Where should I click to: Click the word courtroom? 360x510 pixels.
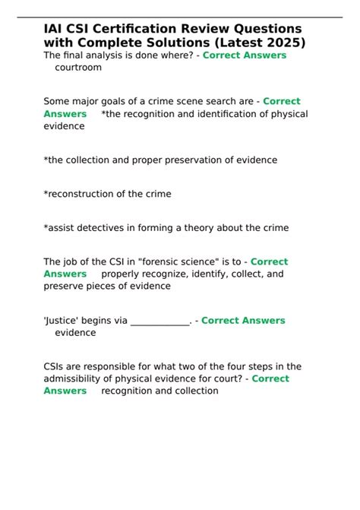(x=78, y=68)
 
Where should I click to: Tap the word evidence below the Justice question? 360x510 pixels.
(x=76, y=333)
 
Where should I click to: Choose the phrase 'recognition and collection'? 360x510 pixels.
(x=159, y=391)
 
